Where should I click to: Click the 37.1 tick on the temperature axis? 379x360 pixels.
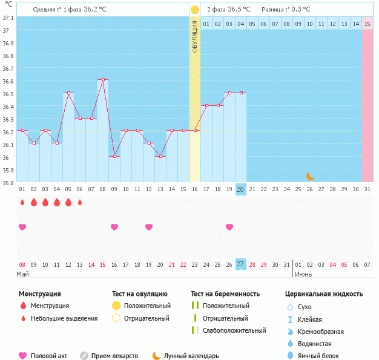pos(8,18)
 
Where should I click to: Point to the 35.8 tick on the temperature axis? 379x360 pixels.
pos(8,183)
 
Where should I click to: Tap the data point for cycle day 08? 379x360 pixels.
pos(103,79)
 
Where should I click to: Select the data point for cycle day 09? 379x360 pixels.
pos(114,156)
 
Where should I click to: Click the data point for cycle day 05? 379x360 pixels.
pos(68,93)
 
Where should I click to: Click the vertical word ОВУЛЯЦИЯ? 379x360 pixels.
pos(195,36)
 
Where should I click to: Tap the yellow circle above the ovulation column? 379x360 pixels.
pos(195,10)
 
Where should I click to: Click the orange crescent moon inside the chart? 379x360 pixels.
pos(310,176)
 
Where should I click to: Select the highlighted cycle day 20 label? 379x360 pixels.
pos(240,189)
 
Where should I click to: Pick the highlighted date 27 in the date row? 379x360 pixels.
pos(240,264)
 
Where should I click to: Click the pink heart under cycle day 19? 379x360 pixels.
pos(229,227)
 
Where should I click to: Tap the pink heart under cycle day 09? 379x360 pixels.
pos(114,227)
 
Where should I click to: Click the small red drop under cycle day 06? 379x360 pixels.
pos(80,202)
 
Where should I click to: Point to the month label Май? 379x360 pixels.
pos(22,274)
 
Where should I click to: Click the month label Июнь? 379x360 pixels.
pos(303,274)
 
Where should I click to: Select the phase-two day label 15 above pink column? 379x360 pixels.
pos(367,24)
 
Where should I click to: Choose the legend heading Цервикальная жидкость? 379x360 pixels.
pos(324,294)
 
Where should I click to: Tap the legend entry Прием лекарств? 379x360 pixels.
pos(114,356)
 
